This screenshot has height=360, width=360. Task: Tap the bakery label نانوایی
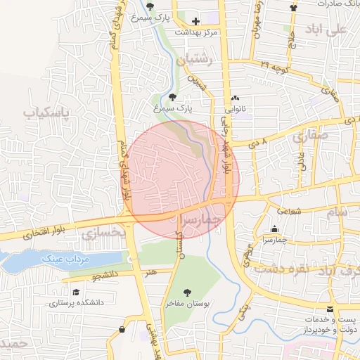(234, 109)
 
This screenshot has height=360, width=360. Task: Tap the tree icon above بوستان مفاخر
(186, 292)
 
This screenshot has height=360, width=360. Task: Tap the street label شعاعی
(288, 210)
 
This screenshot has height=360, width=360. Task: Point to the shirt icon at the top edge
(294, 6)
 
